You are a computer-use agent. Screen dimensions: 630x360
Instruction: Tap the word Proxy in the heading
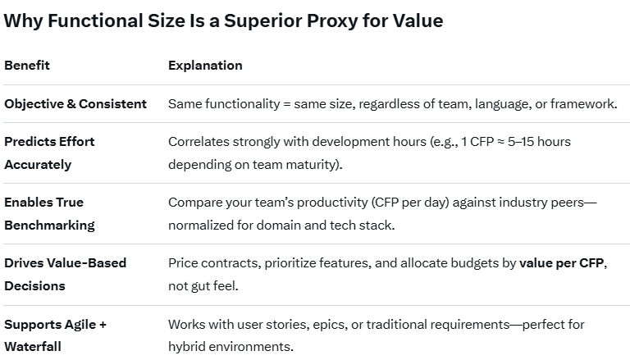click(332, 21)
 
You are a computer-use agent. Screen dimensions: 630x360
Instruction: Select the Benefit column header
click(27, 65)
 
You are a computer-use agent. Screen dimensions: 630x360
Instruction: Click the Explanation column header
click(205, 66)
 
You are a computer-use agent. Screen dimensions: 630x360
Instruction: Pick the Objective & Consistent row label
click(75, 103)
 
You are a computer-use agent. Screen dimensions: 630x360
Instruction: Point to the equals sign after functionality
click(287, 104)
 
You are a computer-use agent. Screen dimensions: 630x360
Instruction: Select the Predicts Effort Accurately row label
click(49, 153)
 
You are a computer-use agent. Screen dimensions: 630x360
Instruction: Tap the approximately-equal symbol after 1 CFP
click(500, 142)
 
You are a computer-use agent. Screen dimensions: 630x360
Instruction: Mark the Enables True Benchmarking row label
click(49, 214)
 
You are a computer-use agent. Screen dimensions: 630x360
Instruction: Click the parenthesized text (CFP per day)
click(410, 202)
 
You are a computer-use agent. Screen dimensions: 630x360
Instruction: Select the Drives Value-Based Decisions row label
click(66, 275)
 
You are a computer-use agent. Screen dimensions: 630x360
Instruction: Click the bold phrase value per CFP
click(561, 262)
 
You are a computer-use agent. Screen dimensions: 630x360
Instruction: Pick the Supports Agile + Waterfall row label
click(56, 335)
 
